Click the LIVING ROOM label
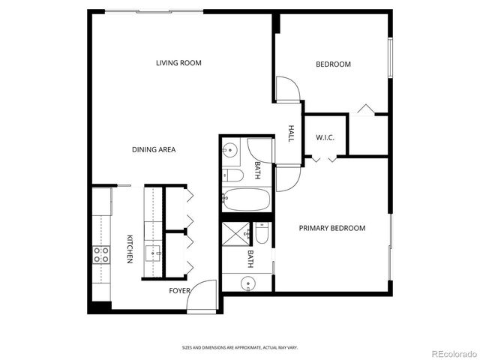click(178, 63)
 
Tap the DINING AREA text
click(154, 150)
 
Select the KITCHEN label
click(130, 249)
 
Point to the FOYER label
click(179, 290)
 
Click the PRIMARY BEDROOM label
click(332, 228)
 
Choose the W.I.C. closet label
click(325, 137)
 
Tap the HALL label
click(291, 133)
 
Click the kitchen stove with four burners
click(100, 254)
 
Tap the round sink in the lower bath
click(247, 283)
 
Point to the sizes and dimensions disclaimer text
click(239, 347)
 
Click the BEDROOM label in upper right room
click(333, 64)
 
